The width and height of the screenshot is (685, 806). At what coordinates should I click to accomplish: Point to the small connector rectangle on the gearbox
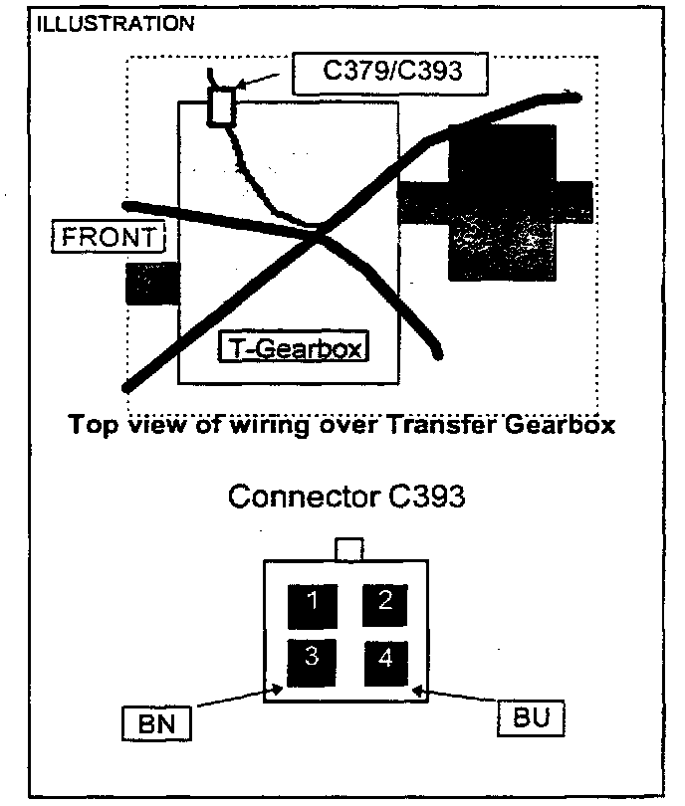[x=221, y=106]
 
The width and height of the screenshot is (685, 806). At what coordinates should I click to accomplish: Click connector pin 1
[x=312, y=601]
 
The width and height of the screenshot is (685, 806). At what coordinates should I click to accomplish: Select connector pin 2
[x=384, y=601]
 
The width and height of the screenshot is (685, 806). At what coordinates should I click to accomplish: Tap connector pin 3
[x=312, y=659]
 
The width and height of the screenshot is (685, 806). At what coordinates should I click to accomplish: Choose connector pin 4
[x=385, y=659]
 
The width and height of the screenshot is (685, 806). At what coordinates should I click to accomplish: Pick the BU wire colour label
[x=530, y=717]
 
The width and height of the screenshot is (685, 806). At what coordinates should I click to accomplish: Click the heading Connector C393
[x=345, y=496]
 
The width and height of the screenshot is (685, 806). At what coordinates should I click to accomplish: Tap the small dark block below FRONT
[x=151, y=284]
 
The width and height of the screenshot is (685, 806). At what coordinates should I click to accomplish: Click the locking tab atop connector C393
[x=348, y=548]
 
